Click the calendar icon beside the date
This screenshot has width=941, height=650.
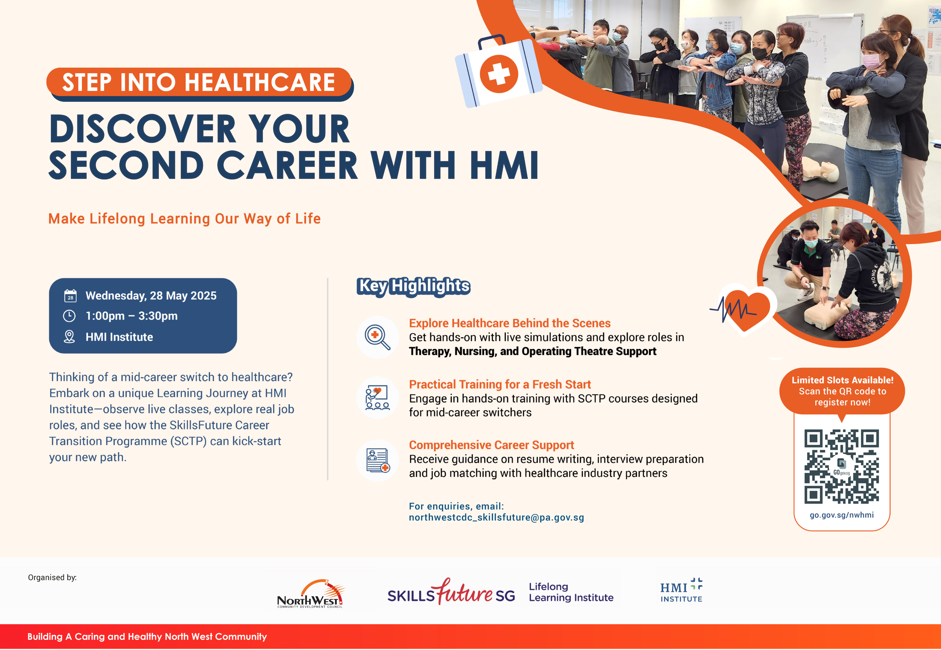70,296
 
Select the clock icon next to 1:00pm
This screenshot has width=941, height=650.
69,316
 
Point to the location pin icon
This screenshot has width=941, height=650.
69,337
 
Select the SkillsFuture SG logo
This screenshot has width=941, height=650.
451,592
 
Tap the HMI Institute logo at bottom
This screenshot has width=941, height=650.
681,590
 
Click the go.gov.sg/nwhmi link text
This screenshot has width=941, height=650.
842,515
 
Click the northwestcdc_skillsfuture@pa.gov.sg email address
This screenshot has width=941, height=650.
496,518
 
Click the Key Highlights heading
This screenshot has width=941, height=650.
414,286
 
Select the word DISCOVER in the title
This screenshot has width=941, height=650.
143,129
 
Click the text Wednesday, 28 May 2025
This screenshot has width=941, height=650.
151,296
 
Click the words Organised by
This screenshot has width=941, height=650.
52,577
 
